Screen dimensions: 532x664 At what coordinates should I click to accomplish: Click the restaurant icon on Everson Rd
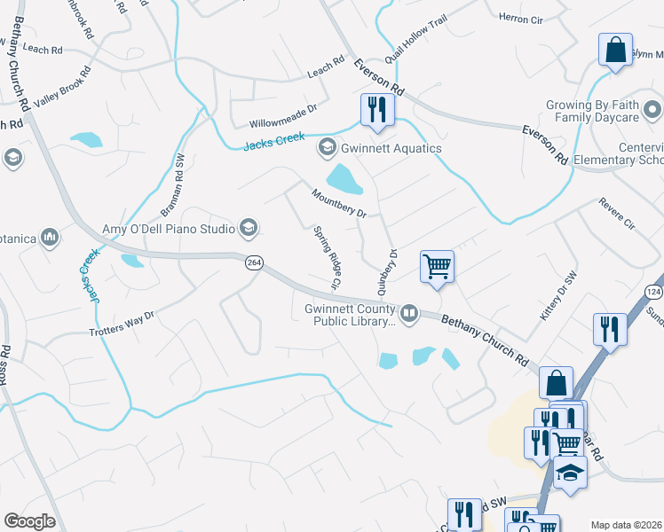[x=377, y=110]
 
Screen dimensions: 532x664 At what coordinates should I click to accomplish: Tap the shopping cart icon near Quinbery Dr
[x=437, y=266]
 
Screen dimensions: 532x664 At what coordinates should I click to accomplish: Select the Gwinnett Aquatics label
[x=391, y=148]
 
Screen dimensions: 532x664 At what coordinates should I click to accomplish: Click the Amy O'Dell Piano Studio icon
[x=249, y=229]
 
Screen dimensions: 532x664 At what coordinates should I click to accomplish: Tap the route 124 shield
[x=654, y=292]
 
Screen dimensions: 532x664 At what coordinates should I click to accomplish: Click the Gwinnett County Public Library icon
[x=409, y=311]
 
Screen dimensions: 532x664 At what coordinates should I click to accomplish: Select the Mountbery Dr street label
[x=338, y=203]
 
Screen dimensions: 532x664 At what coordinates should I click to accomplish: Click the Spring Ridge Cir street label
[x=326, y=259]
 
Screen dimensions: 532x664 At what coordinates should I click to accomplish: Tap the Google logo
[x=29, y=521]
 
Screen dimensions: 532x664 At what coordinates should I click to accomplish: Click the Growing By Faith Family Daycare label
[x=592, y=111]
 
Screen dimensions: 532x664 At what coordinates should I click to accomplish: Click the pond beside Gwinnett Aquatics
[x=344, y=180]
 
